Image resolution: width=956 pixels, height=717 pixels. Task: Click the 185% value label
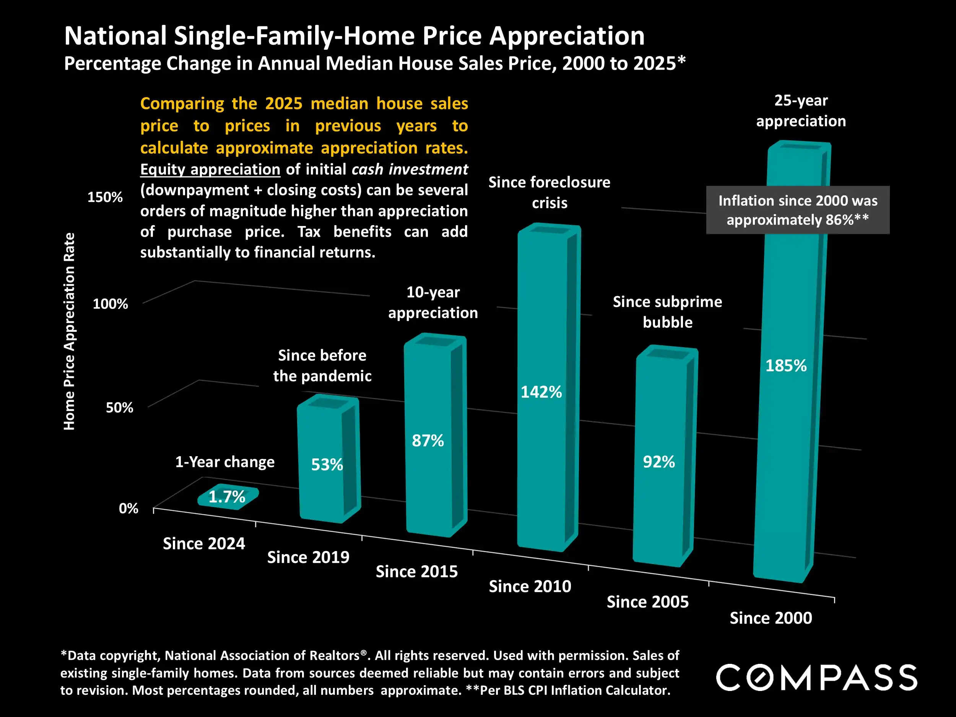point(786,366)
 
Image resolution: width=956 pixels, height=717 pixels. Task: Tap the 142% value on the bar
point(541,392)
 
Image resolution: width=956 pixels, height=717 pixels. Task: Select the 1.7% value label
point(227,497)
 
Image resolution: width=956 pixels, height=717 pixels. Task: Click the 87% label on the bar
point(428,441)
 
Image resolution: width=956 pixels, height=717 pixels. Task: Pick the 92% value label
point(658,462)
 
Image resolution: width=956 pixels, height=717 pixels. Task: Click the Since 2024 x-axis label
point(203,543)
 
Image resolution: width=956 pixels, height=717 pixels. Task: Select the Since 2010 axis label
point(530,587)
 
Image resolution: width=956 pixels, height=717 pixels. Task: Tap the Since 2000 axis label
point(771,618)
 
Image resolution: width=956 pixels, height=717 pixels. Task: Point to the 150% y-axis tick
point(105,197)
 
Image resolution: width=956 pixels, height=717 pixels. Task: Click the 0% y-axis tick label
point(128,508)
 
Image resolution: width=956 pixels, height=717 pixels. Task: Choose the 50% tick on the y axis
point(119,408)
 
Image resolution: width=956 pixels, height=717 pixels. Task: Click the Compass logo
point(816,677)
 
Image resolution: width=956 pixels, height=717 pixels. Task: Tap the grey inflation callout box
point(797,210)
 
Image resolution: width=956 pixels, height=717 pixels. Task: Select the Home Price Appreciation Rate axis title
point(69,332)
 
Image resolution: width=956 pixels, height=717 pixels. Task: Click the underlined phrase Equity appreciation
point(210,169)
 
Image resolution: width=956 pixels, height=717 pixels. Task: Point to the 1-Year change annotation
point(225,462)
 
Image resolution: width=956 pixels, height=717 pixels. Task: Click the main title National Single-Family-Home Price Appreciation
point(354,36)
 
